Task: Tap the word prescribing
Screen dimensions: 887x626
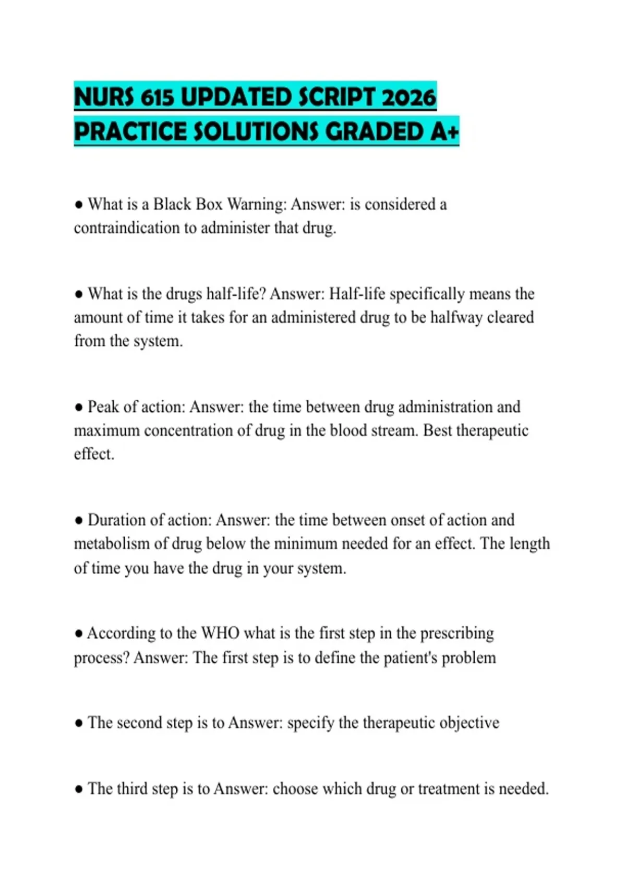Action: point(457,633)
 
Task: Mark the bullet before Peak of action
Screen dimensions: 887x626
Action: point(79,407)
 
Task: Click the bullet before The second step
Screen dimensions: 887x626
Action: point(79,723)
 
